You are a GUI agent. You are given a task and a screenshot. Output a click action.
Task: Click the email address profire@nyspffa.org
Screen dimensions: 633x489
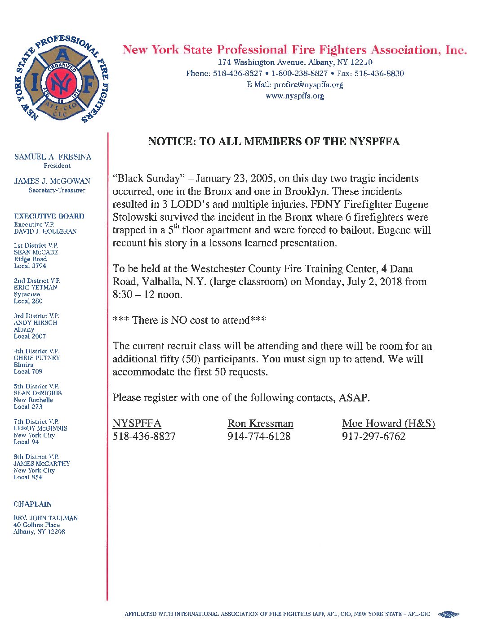[x=308, y=85]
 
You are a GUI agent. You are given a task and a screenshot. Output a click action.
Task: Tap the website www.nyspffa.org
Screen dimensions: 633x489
[x=295, y=96]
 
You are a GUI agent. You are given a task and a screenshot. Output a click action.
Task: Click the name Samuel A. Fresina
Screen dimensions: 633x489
[x=53, y=157]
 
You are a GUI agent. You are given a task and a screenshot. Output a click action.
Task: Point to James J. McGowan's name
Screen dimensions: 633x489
[x=52, y=181]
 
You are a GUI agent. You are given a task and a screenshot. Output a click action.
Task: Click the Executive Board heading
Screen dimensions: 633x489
[x=49, y=216]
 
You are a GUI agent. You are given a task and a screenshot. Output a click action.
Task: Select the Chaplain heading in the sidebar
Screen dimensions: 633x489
[x=32, y=504]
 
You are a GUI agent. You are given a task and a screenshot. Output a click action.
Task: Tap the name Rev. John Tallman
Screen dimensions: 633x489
[x=45, y=518]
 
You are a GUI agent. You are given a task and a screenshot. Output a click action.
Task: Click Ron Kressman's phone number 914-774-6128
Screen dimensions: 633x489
[x=259, y=436]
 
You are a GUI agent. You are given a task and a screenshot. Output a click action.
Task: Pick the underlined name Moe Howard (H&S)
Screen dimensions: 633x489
[x=388, y=423]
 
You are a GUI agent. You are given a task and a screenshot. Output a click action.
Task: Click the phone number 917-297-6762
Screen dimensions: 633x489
[x=373, y=436]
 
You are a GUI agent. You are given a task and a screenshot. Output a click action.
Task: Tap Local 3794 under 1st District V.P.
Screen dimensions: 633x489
[x=30, y=266]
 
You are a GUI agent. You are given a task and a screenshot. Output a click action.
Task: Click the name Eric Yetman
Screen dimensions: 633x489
[x=36, y=287]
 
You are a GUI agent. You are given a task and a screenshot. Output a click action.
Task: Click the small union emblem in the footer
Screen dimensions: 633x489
[x=448, y=614]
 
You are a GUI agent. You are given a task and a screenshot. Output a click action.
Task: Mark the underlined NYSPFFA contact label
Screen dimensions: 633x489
[x=137, y=423]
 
